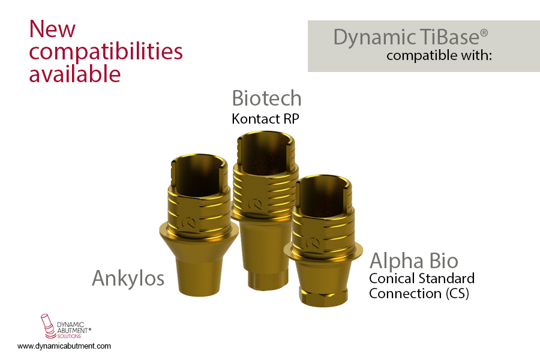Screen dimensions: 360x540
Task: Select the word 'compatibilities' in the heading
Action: point(106,52)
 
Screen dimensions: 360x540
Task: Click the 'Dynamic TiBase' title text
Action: point(406,37)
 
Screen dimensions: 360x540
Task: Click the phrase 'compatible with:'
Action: point(439,56)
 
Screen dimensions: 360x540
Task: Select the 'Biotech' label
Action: point(266,98)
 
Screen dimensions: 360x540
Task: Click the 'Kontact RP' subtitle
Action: point(265,118)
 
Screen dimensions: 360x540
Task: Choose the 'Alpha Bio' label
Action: point(414,261)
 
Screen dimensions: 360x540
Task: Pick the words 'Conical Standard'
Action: point(422,278)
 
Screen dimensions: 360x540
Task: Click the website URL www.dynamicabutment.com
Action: point(64,346)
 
